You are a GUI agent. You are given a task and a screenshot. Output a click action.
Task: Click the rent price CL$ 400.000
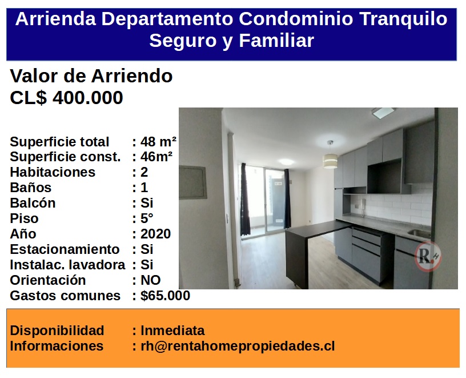66,97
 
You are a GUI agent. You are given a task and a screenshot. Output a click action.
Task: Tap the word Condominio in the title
296,19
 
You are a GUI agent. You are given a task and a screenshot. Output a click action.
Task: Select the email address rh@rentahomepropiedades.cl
238,346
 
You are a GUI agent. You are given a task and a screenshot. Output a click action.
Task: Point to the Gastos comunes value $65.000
165,296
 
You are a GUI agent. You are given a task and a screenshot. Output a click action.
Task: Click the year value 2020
156,234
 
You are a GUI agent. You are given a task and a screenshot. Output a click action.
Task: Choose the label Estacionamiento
65,249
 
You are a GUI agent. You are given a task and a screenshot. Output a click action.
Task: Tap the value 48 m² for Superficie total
158,142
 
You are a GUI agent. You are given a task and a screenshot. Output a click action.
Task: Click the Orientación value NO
150,280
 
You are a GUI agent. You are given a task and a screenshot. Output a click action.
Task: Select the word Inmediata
172,331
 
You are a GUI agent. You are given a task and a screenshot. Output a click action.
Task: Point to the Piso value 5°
147,218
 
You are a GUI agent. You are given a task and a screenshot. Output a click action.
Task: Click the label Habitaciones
53,172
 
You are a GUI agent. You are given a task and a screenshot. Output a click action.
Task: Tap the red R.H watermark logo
428,256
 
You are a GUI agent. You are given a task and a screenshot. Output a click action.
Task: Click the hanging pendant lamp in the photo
330,156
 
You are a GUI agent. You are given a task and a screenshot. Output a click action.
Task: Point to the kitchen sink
419,234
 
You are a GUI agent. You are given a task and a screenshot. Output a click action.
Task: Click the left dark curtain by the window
245,199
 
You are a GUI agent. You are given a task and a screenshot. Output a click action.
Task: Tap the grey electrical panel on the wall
192,182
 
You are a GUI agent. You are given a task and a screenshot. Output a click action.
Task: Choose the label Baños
31,188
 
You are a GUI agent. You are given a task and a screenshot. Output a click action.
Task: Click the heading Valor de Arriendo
91,76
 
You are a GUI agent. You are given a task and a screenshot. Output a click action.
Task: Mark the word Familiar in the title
276,40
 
